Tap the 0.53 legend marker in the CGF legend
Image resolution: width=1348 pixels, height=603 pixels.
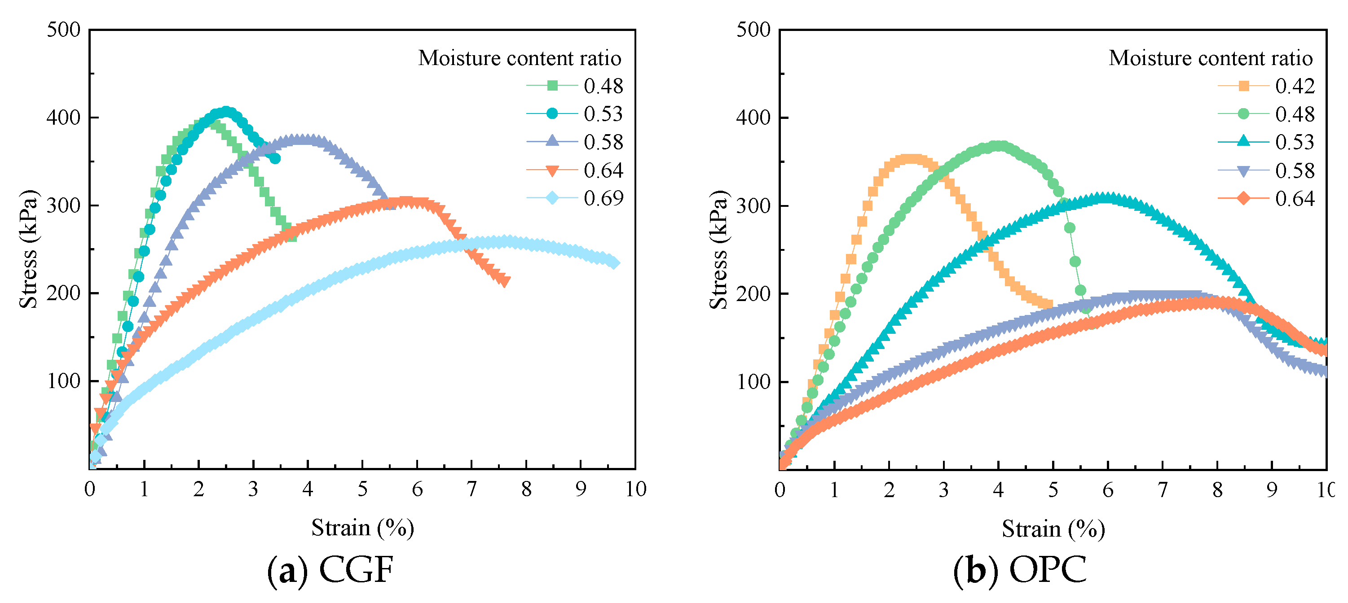click(x=551, y=114)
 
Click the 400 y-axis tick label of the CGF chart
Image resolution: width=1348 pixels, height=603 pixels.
click(x=63, y=117)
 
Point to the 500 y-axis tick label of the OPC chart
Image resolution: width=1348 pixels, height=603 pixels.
click(x=753, y=30)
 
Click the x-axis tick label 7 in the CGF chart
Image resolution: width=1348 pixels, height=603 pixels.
click(x=471, y=489)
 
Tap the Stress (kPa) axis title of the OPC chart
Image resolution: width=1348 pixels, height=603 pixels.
click(x=718, y=250)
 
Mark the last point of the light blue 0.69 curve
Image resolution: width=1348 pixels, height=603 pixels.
click(x=614, y=263)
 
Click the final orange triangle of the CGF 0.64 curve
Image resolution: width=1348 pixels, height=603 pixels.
click(x=504, y=282)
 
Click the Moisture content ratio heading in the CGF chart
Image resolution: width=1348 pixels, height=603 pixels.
click(x=520, y=58)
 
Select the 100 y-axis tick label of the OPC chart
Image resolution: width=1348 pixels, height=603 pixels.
click(x=753, y=382)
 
